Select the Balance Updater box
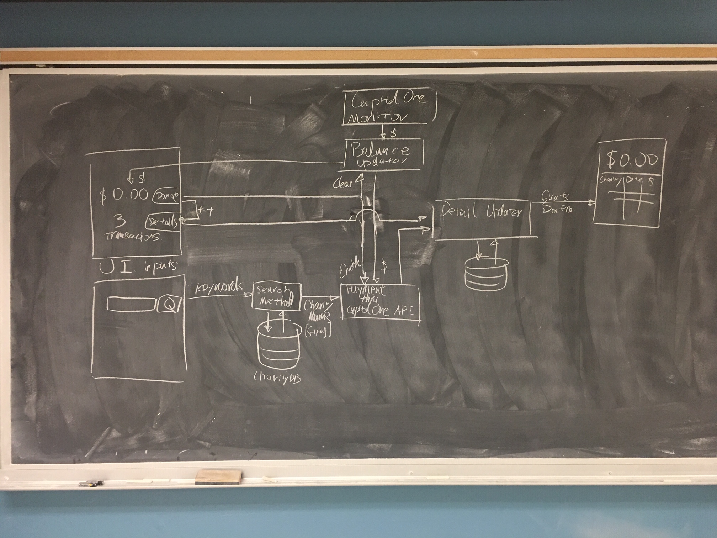[x=383, y=155]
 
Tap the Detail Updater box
[x=482, y=218]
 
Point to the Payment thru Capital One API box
[x=380, y=302]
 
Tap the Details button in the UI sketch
[x=162, y=222]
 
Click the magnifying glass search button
[x=170, y=304]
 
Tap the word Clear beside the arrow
[x=342, y=184]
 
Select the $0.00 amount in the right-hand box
[x=632, y=160]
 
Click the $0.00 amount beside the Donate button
[x=124, y=195]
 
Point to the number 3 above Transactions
[x=120, y=221]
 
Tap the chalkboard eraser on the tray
[x=218, y=477]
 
